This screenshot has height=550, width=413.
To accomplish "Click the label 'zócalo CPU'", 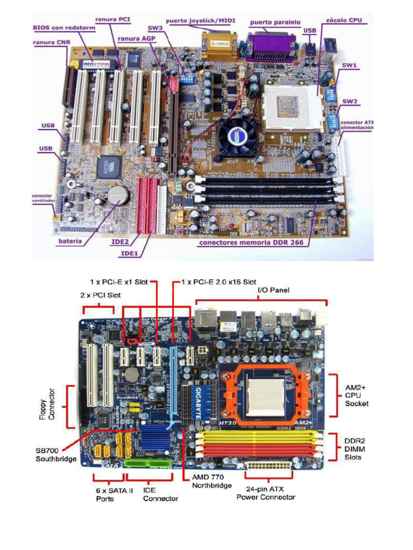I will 344,20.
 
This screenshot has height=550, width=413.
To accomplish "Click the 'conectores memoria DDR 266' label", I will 251,242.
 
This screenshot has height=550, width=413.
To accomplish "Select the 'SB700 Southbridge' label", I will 55,455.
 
